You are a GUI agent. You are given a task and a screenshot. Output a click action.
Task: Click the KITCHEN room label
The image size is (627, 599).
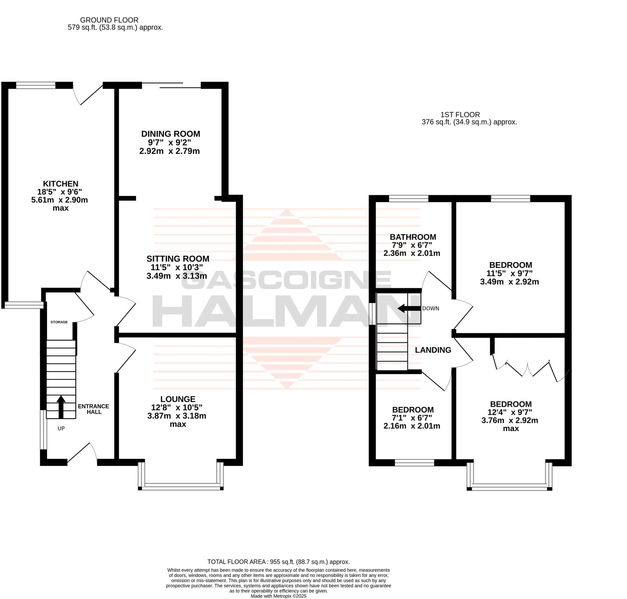(x=61, y=184)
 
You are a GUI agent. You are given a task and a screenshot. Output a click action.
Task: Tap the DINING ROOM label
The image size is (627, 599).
(x=171, y=134)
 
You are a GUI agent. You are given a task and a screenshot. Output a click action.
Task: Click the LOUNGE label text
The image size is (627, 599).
(x=178, y=399)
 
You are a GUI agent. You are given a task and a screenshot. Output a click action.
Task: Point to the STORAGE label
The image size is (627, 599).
(x=59, y=322)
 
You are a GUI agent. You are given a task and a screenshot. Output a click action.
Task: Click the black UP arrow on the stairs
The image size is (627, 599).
(x=61, y=407)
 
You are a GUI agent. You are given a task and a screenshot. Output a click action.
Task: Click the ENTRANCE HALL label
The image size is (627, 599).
(x=93, y=409)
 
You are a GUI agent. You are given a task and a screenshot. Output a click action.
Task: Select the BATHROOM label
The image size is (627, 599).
(x=413, y=237)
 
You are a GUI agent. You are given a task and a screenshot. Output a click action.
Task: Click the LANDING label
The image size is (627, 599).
(x=433, y=350)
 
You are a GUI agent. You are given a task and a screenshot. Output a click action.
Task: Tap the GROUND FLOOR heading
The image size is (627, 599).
(x=109, y=20)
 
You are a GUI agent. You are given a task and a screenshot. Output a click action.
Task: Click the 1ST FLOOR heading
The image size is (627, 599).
(x=460, y=115)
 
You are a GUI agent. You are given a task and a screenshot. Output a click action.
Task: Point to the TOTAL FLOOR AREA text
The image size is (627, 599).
(x=278, y=562)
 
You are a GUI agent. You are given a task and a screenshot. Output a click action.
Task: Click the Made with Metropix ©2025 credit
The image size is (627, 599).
(x=278, y=596)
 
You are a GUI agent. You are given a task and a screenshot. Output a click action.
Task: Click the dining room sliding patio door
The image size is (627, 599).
(x=171, y=85)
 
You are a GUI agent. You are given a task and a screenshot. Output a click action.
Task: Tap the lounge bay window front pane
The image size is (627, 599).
(x=181, y=486)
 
